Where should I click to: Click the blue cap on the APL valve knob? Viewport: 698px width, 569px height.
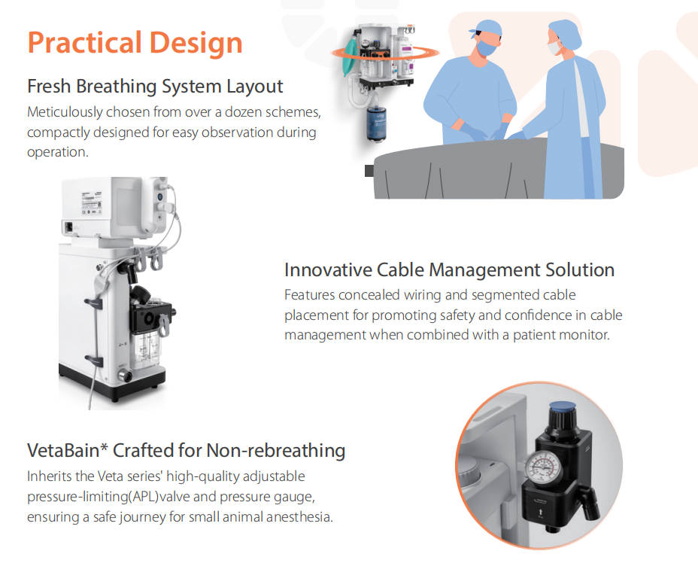[559, 412]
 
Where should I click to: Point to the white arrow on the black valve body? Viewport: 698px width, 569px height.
[554, 516]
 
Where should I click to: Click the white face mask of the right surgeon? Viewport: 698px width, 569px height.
[554, 47]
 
